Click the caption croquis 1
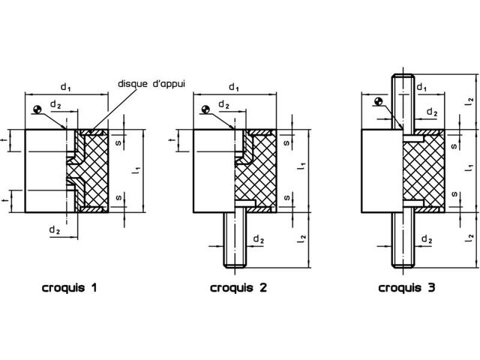[70, 287]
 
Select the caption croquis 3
[406, 287]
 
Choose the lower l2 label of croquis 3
[470, 238]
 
